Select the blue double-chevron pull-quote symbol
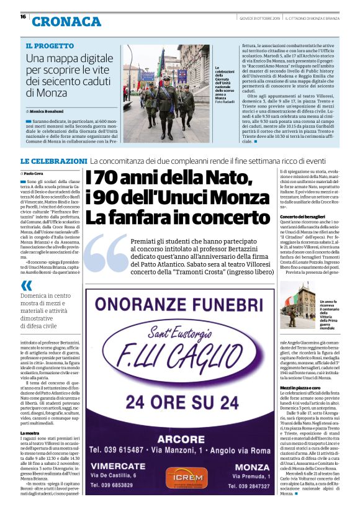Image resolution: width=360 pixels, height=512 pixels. [27, 286]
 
